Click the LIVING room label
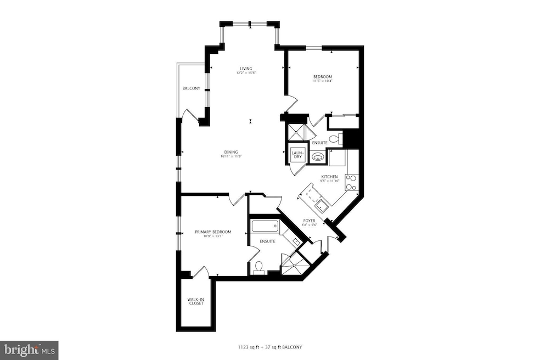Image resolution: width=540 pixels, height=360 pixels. click(246, 68)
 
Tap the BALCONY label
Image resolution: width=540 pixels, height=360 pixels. click(191, 88)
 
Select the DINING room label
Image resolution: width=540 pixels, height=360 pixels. click(231, 152)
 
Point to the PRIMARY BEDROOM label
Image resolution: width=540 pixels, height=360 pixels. click(213, 232)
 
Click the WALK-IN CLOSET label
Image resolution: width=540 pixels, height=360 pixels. click(196, 301)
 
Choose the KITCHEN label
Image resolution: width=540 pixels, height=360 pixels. click(329, 177)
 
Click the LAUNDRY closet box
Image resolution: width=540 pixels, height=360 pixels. click(297, 155)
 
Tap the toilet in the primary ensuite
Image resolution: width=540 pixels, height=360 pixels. click(259, 267)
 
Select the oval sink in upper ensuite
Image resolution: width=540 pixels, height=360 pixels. click(317, 158)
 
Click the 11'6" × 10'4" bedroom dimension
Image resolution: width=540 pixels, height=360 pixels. click(323, 81)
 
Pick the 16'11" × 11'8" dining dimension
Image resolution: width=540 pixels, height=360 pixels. click(231, 156)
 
